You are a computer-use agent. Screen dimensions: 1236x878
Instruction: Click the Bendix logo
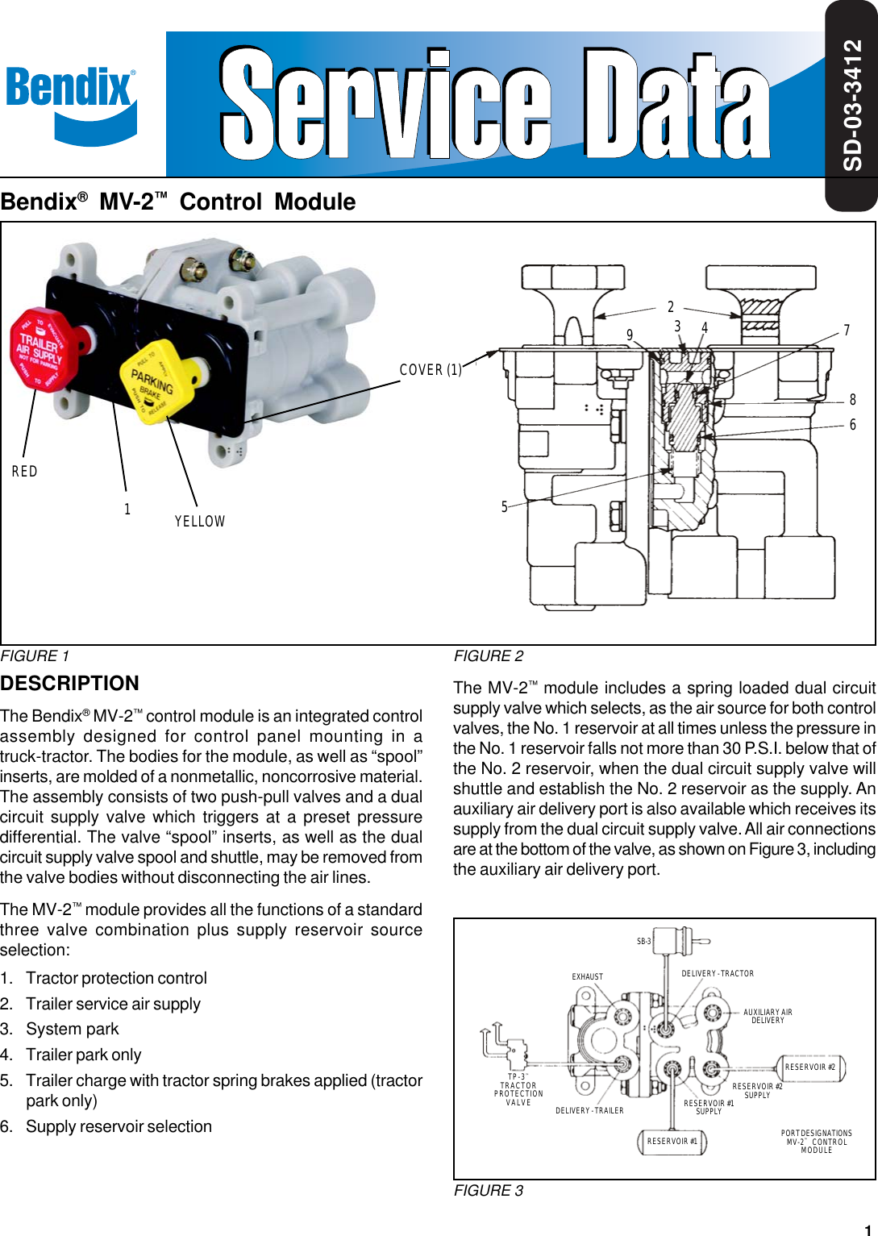[71, 101]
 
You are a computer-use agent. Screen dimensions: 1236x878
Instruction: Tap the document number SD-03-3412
[852, 105]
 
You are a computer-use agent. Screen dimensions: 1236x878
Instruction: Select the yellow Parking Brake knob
[156, 383]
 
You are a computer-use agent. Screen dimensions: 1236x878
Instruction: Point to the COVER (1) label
[431, 370]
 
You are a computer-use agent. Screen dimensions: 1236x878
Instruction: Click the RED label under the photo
[24, 472]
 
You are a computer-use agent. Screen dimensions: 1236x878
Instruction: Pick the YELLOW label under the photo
[200, 522]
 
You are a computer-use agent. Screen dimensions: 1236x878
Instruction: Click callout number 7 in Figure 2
[847, 331]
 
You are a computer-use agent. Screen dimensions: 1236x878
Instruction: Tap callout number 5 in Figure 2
[505, 507]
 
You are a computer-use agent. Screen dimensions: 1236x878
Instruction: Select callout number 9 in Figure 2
[630, 335]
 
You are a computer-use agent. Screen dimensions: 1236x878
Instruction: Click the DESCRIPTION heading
[70, 684]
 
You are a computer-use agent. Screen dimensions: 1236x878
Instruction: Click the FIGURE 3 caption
[489, 1191]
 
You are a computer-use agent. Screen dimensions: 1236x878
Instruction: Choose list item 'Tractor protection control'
[116, 978]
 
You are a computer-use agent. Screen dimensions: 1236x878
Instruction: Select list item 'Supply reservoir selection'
[119, 1126]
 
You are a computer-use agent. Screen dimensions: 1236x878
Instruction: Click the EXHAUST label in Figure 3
[587, 976]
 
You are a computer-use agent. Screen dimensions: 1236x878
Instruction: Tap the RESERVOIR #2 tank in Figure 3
[809, 1067]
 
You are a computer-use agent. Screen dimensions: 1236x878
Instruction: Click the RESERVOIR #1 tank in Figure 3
[672, 1142]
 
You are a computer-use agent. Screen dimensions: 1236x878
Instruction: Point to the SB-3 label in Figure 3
[643, 941]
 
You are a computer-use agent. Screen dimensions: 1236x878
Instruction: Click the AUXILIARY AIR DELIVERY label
[768, 1016]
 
